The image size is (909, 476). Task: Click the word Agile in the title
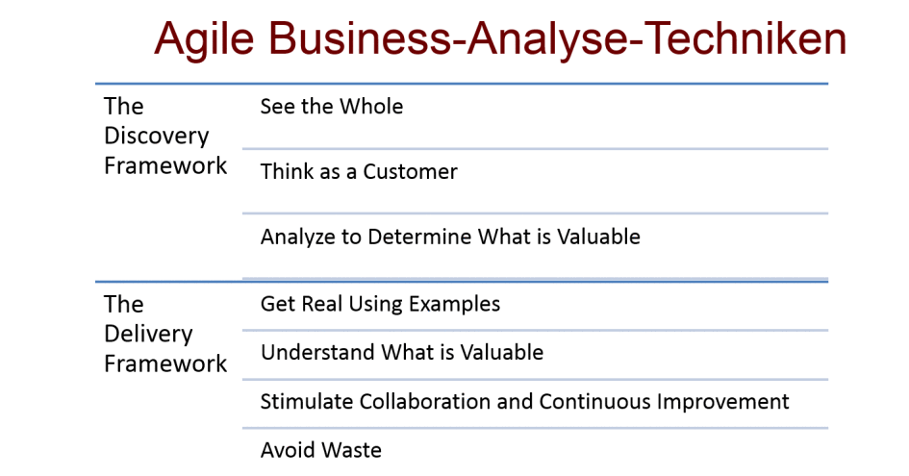[x=204, y=39]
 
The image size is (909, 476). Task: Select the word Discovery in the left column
[x=157, y=137]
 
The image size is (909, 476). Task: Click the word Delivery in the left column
[x=148, y=334]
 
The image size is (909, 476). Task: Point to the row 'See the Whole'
[x=332, y=107]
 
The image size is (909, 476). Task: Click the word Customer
[x=410, y=171]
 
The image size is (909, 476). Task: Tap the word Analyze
[x=298, y=238]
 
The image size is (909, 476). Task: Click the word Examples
[x=454, y=305]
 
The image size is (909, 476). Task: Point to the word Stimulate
[x=307, y=401]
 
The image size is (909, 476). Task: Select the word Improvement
[x=723, y=401]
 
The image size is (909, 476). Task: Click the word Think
[x=287, y=171]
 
